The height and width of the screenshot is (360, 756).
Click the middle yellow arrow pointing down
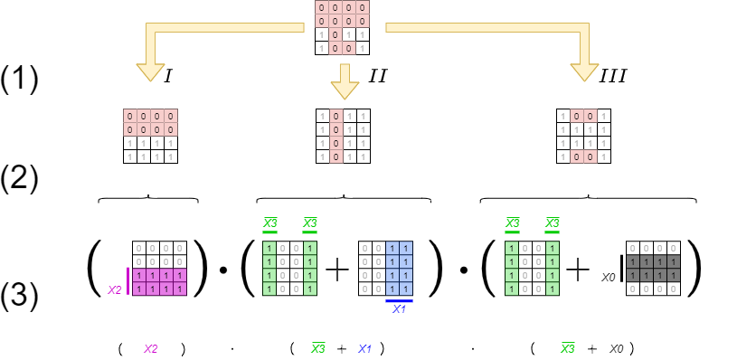click(x=345, y=81)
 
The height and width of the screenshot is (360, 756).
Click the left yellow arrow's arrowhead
click(x=150, y=71)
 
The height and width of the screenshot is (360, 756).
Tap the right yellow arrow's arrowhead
click(x=584, y=71)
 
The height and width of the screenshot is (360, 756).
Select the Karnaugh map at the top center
click(x=342, y=27)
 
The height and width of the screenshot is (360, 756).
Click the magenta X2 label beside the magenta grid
click(x=115, y=290)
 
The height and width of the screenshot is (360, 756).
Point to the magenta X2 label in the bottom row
click(x=151, y=348)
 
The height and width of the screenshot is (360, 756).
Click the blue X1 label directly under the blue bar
click(x=399, y=309)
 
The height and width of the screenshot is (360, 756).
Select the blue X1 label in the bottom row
click(x=365, y=348)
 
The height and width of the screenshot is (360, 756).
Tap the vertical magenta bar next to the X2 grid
click(x=128, y=280)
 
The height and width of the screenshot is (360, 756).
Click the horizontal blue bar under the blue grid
click(x=399, y=301)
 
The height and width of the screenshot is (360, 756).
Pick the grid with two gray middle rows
click(x=653, y=268)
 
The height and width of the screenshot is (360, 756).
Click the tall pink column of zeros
click(x=336, y=137)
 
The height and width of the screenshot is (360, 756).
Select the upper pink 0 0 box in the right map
click(x=583, y=116)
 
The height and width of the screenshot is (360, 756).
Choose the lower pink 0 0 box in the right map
click(x=583, y=156)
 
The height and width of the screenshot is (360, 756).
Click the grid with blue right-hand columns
click(x=385, y=268)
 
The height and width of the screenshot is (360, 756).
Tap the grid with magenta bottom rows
click(x=159, y=268)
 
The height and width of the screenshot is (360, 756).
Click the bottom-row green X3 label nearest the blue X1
click(x=317, y=348)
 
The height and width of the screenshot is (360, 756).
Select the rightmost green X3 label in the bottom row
click(x=567, y=348)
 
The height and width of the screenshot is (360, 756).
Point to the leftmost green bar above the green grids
click(x=269, y=232)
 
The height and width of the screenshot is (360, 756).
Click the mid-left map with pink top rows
click(x=150, y=136)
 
